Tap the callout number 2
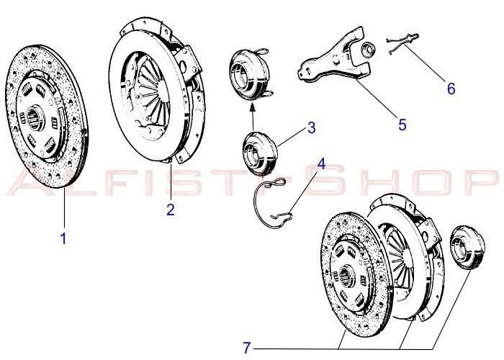pos(170,210)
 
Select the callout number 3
pos(311,128)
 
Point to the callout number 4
pos(321,163)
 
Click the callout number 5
pos(402,124)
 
